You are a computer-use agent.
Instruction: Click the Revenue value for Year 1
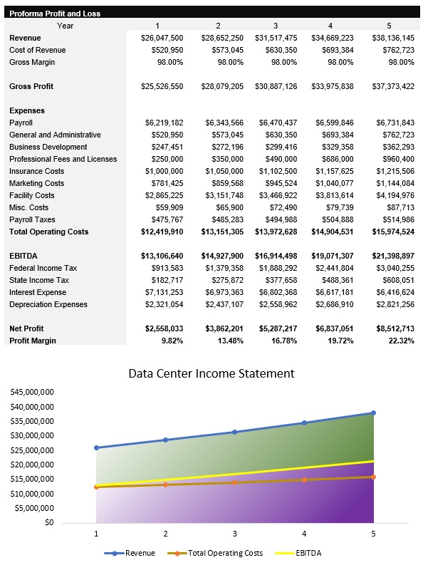click(163, 38)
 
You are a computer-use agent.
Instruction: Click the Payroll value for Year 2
click(224, 123)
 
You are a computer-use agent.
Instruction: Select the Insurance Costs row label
click(37, 171)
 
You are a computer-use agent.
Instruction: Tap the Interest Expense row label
click(38, 292)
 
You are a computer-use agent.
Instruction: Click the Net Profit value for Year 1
click(163, 328)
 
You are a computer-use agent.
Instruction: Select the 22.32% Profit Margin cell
click(400, 341)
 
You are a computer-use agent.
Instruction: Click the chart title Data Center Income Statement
click(211, 373)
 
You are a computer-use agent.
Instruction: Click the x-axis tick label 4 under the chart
click(304, 532)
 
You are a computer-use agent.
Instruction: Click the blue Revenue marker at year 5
click(373, 413)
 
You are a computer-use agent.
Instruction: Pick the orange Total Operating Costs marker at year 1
click(97, 487)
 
